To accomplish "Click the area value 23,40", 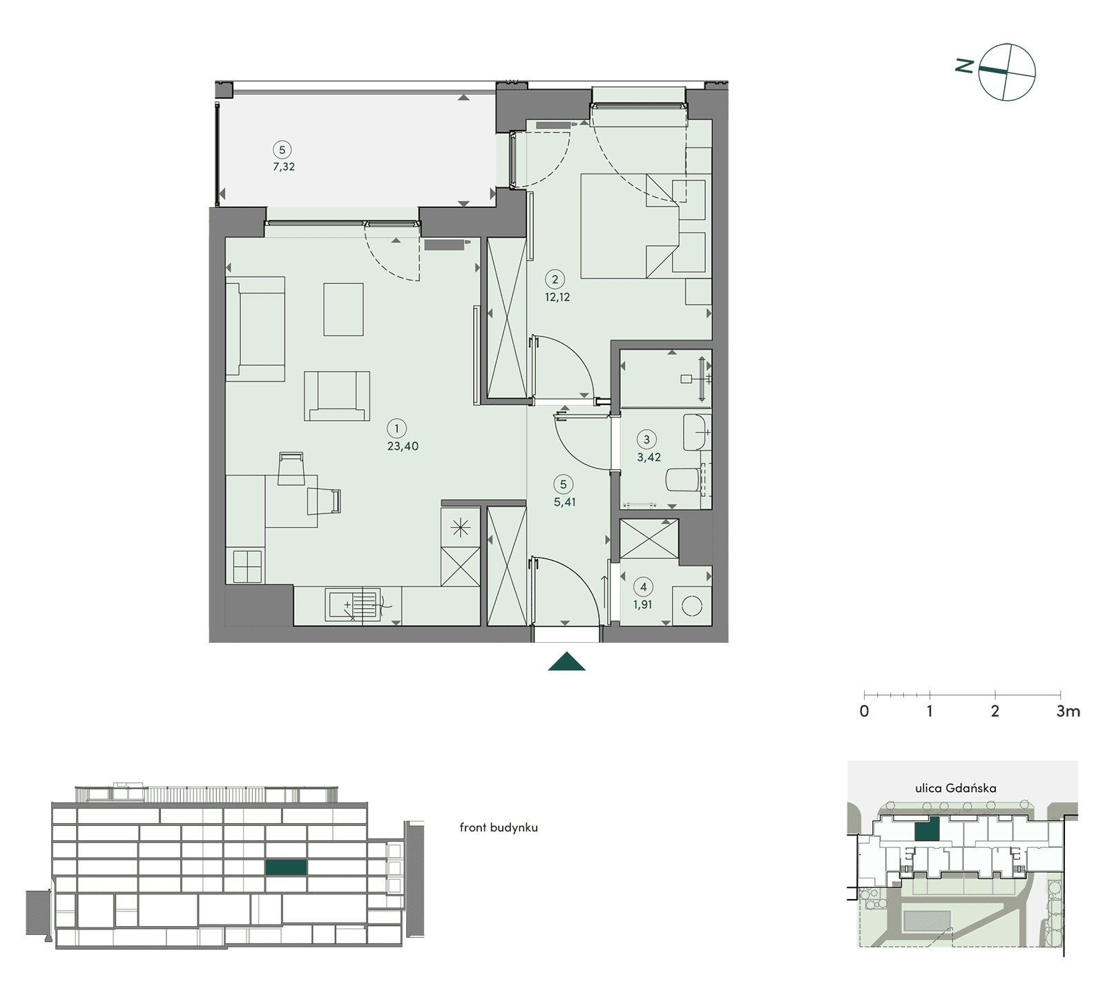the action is point(403,446).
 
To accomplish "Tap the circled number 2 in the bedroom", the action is point(555,279).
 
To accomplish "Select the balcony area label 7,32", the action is point(284,167).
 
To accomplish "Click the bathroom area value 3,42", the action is point(649,457).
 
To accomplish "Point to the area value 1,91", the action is point(643,605).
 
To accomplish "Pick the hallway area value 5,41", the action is point(565,502).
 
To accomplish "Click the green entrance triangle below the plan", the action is point(567,661).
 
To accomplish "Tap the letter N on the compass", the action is point(965,66).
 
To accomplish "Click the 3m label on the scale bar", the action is point(1068,711).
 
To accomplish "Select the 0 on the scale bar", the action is point(864,711).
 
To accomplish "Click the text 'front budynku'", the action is point(499,827).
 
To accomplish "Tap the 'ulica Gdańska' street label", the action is point(956,788).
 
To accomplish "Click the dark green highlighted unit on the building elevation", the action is point(287,867).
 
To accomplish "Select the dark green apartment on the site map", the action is point(927,829).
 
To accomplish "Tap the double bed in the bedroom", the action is point(626,226).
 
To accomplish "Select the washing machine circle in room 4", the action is point(691,606).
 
